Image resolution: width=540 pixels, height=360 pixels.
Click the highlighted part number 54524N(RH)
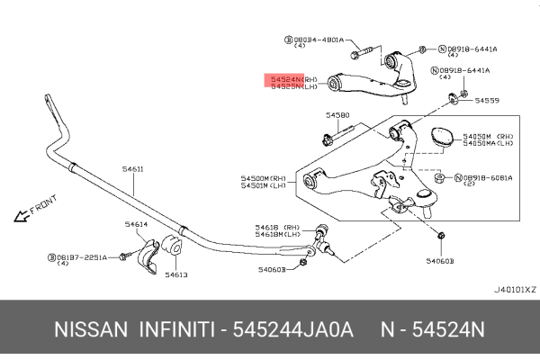click(x=287, y=79)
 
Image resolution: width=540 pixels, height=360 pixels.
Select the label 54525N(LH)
click(x=287, y=87)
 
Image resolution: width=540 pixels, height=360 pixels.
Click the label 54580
click(x=337, y=115)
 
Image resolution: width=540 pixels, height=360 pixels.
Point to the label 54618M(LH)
click(x=278, y=234)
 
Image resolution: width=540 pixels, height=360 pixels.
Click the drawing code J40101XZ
click(x=515, y=290)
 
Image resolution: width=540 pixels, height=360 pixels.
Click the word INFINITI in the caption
click(x=175, y=330)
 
